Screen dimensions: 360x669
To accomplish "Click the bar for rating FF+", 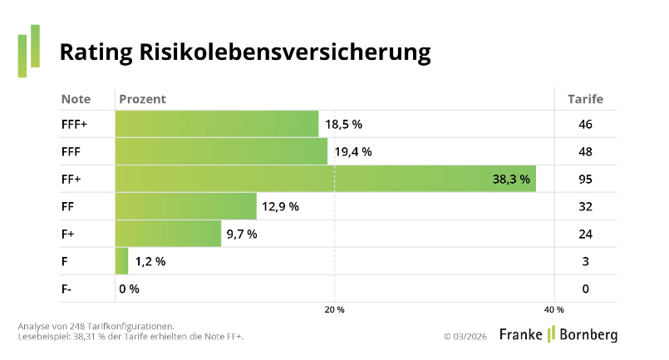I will click(x=325, y=179).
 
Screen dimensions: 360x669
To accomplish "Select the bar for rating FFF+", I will click(x=216, y=124).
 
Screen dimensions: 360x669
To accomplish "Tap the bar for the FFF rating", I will click(x=221, y=151).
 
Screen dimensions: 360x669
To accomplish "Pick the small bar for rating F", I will click(x=121, y=261).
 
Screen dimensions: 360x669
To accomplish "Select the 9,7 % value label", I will click(x=241, y=234).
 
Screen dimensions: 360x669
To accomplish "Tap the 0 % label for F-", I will click(x=129, y=288).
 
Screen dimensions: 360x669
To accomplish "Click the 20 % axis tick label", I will click(x=334, y=309).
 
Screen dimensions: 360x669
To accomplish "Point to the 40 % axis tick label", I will click(x=554, y=309).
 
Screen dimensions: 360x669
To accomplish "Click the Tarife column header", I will click(x=585, y=99).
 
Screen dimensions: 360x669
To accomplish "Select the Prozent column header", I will click(x=142, y=99).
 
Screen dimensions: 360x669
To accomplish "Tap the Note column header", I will click(x=76, y=99).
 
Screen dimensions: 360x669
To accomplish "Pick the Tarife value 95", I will click(x=585, y=179).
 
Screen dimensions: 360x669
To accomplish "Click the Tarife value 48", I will click(x=585, y=151).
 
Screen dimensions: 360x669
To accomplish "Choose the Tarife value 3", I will click(x=585, y=261).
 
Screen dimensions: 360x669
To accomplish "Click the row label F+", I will click(x=68, y=234).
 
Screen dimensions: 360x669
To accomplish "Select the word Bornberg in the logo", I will click(x=587, y=334).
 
